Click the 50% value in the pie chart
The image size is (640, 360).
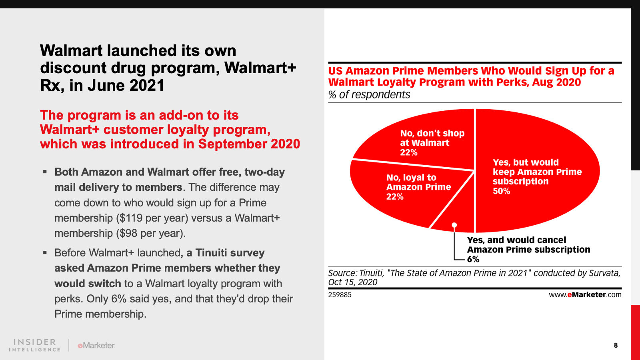click(501, 191)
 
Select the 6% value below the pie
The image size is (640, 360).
click(473, 259)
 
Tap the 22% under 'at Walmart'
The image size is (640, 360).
click(409, 152)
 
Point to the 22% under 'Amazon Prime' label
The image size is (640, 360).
click(395, 197)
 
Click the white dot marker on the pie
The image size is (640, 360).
click(454, 225)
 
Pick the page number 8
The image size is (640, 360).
click(616, 345)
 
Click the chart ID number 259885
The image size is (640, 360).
click(340, 295)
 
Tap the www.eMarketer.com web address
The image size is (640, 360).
click(585, 295)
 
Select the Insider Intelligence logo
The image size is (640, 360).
click(35, 345)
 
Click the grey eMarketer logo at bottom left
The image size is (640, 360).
click(96, 345)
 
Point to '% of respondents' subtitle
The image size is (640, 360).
click(369, 95)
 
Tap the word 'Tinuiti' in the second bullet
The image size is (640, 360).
click(211, 253)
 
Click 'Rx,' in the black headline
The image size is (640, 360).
click(52, 86)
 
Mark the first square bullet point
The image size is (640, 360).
click(45, 172)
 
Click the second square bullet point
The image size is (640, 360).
click(45, 253)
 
